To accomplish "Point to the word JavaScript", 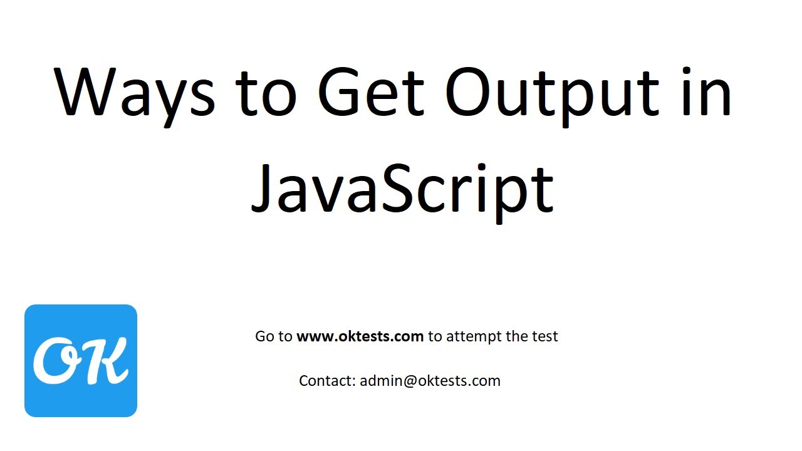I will point(402,186).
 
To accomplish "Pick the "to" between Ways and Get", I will point(267,93).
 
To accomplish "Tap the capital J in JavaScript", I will point(263,186).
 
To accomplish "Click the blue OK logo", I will point(81,361).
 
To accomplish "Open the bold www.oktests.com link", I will point(360,336).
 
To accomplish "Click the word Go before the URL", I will point(265,336).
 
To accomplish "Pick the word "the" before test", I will point(516,336).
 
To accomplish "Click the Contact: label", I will point(327,381).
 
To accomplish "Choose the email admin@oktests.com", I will point(430,381).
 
